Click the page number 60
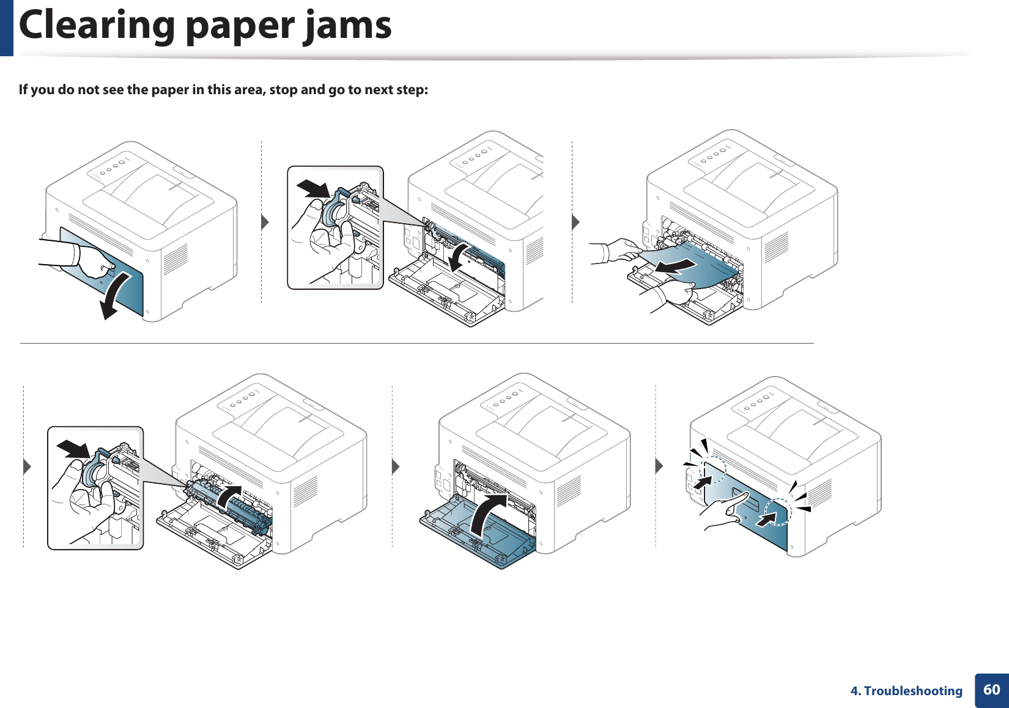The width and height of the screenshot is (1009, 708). [991, 690]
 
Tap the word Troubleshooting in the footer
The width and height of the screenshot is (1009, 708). [913, 691]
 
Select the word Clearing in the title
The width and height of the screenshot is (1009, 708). [97, 26]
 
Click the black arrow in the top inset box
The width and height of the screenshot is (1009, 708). [313, 188]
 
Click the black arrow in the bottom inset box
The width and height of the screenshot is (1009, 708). [73, 449]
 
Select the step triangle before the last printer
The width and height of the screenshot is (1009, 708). [659, 466]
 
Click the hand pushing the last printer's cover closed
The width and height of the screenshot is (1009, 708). [728, 512]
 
